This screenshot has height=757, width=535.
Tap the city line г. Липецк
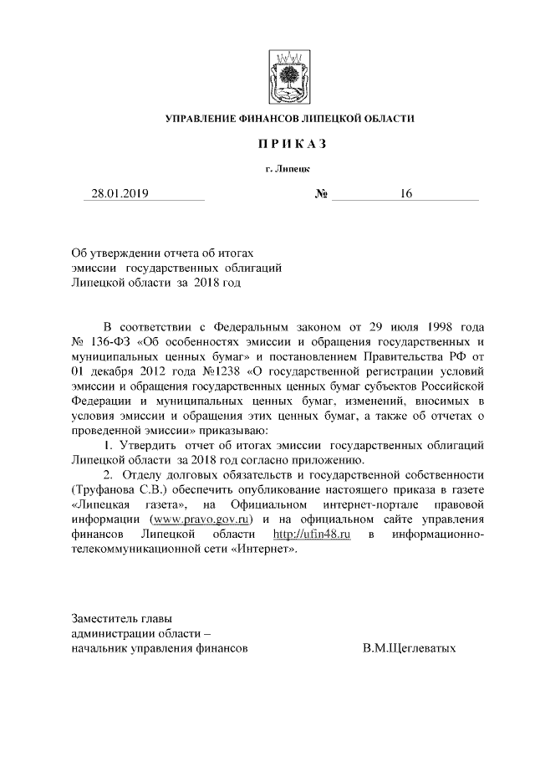tap(288, 170)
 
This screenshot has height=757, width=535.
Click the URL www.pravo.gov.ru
tap(201, 520)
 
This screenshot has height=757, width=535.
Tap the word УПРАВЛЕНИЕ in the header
tap(201, 120)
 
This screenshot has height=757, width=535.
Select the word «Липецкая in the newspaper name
tap(100, 505)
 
